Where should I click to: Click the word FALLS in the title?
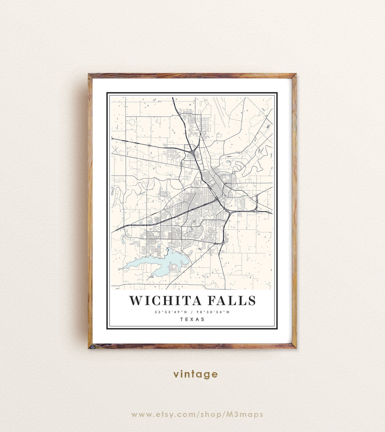point(232,300)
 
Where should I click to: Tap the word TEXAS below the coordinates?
point(192,319)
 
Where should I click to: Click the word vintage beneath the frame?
point(195,374)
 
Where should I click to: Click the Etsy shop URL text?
point(197,415)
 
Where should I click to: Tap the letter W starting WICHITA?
point(136,300)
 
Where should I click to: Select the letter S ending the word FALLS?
point(252,300)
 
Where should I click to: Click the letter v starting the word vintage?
point(176,375)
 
